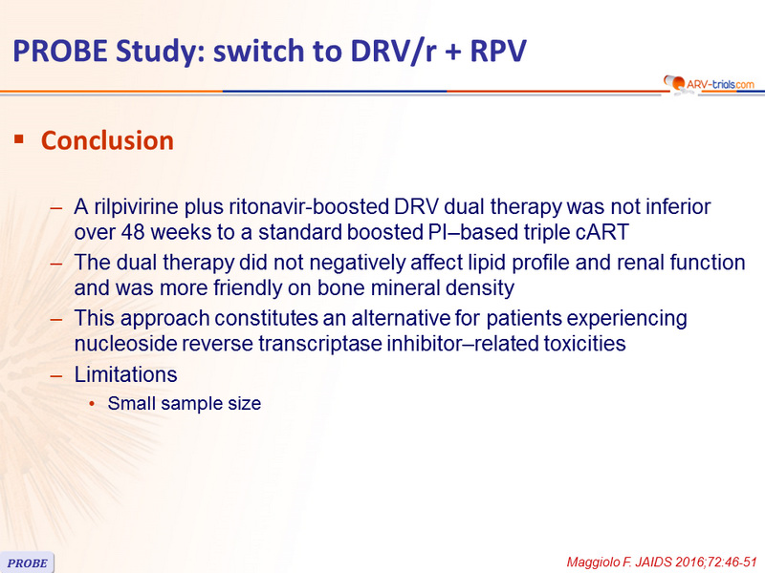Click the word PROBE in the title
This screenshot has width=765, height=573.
click(x=60, y=51)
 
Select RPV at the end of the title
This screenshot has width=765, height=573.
click(x=498, y=51)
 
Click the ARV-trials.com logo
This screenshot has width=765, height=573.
click(x=709, y=84)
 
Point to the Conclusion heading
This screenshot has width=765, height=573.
click(x=107, y=140)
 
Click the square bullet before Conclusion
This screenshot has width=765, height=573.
click(x=19, y=139)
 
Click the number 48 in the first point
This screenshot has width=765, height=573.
click(x=133, y=232)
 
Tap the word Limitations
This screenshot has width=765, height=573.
click(x=125, y=374)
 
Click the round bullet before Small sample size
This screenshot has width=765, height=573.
click(x=92, y=404)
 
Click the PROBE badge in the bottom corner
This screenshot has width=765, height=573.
click(x=27, y=562)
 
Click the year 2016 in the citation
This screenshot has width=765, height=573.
click(x=687, y=562)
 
